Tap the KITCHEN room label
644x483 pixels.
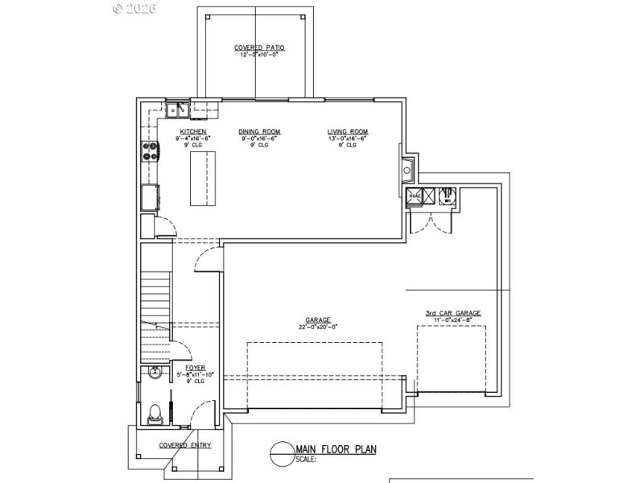tap(193, 131)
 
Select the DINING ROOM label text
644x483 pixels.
tap(259, 131)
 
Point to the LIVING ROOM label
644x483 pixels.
tap(348, 131)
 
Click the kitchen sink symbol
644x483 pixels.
tap(176, 110)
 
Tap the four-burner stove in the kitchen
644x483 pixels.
tap(150, 151)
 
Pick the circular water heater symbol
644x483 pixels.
tap(449, 195)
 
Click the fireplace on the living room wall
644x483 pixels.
tap(407, 169)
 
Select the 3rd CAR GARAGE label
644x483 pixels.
tap(453, 313)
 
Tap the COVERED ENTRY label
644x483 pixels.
tap(185, 445)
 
